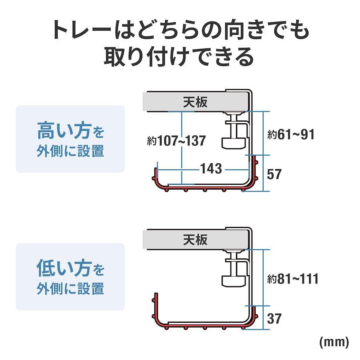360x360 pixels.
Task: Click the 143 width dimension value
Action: point(211,168)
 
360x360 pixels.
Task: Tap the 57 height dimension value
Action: point(274,174)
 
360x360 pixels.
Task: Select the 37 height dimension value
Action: point(274,318)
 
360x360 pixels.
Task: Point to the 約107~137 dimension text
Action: point(176,141)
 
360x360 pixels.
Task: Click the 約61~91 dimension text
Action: point(291,134)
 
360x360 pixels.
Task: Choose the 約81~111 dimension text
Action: point(293,279)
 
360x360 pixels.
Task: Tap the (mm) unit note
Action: point(334,342)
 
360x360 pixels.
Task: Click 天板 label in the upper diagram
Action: point(195,102)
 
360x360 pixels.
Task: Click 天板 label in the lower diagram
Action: point(195,240)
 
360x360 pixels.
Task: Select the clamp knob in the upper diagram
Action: point(234,144)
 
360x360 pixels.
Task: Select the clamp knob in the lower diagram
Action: point(234,281)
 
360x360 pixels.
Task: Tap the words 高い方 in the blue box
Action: point(64,131)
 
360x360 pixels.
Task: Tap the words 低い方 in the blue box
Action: point(64,268)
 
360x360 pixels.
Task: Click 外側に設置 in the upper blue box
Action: point(70,151)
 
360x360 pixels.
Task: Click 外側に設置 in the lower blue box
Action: point(70,288)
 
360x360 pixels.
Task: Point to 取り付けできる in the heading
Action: point(179,57)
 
